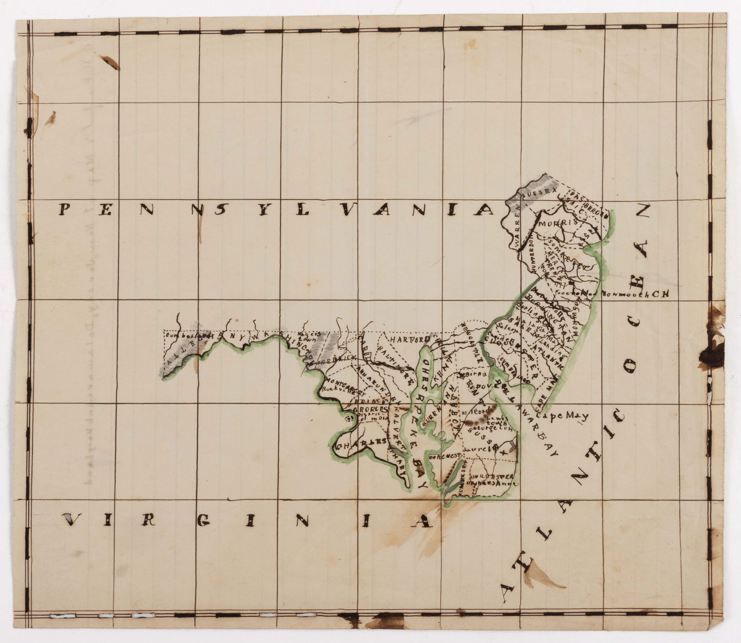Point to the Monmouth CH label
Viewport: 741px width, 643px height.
pos(635,293)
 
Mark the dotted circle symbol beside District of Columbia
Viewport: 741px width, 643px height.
pos(348,418)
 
